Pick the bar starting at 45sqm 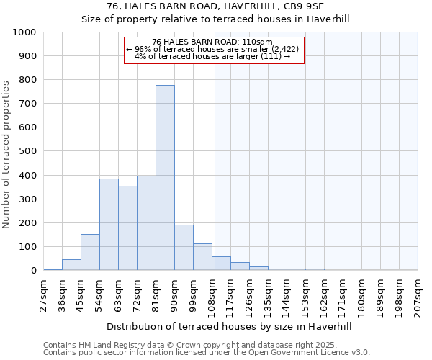[x=90, y=252]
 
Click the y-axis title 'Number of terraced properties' [x=6, y=154]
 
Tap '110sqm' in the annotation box [x=258, y=42]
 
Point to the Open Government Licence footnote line [x=206, y=353]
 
